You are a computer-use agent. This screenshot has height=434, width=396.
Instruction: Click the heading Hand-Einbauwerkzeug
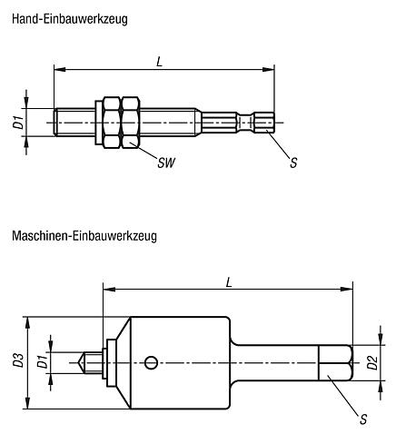[70, 20]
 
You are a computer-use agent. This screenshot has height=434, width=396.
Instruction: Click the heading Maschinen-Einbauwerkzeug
[84, 236]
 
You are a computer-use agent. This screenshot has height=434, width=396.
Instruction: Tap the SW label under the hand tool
[166, 163]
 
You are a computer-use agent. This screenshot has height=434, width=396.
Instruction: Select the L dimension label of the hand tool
[160, 62]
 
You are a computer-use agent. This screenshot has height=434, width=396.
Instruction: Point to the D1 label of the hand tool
[19, 123]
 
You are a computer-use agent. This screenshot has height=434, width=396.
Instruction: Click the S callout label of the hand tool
[293, 163]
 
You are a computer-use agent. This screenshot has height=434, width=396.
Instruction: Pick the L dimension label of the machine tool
[229, 282]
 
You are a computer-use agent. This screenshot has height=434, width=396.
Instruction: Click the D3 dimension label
[19, 360]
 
